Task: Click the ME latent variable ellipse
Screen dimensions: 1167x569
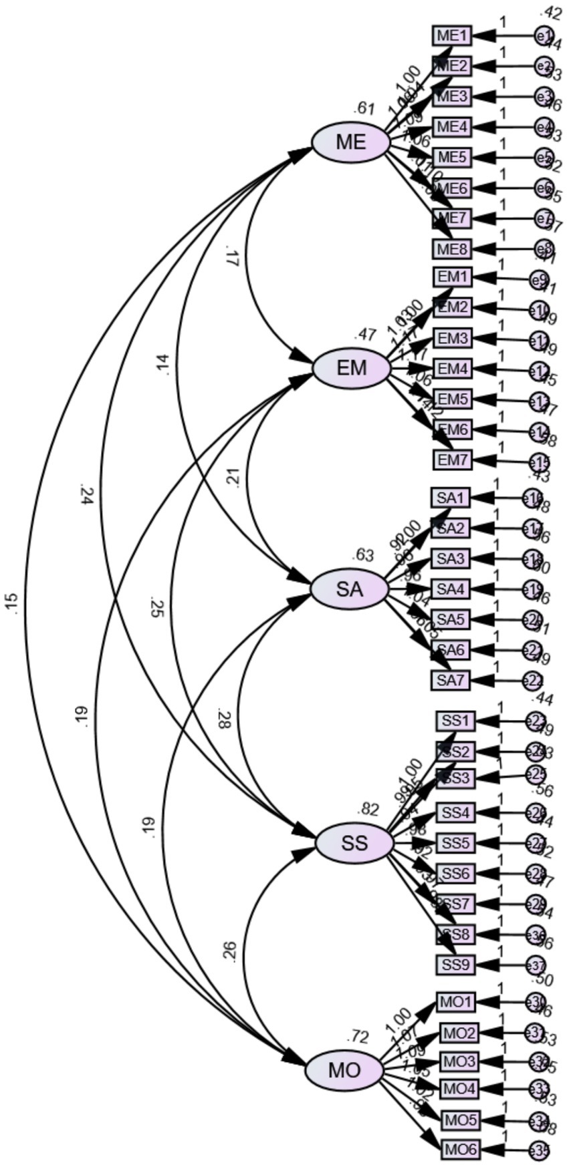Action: [x=351, y=142]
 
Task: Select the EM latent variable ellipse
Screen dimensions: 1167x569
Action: [x=352, y=368]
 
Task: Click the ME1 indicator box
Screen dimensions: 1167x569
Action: [x=452, y=35]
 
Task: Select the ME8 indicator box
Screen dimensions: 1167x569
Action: [x=452, y=249]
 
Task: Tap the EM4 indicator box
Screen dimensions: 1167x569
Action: [x=453, y=368]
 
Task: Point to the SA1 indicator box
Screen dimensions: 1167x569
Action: [x=451, y=498]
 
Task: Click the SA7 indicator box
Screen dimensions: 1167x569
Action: [x=451, y=680]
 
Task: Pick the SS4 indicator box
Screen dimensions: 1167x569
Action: [x=456, y=813]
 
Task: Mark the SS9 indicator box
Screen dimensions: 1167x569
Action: [x=456, y=965]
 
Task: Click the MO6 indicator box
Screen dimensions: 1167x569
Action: [x=461, y=1150]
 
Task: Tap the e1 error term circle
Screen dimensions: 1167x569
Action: [x=544, y=36]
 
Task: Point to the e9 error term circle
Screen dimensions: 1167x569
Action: [x=539, y=280]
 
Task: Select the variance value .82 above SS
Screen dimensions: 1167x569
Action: [x=368, y=810]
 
